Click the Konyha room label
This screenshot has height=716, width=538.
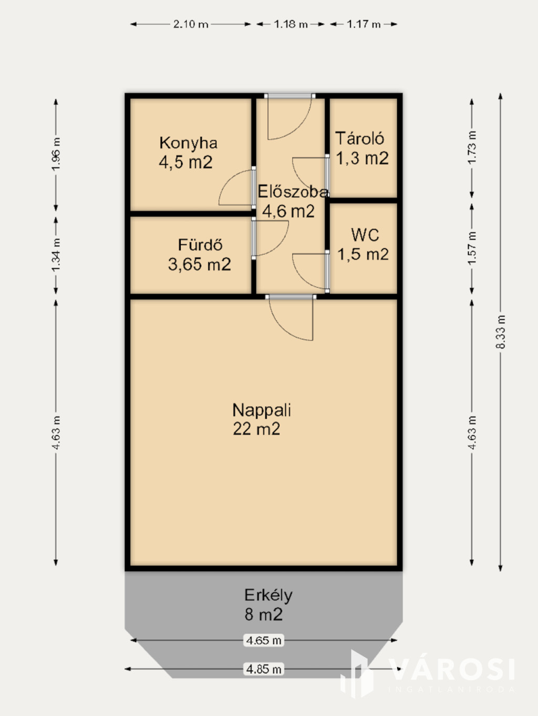tap(188, 143)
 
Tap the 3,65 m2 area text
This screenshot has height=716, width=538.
tap(199, 264)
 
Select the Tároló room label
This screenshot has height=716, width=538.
tap(359, 138)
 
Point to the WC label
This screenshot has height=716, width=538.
tap(365, 235)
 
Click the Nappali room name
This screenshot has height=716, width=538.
tap(262, 410)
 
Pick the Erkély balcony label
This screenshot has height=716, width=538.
tap(268, 596)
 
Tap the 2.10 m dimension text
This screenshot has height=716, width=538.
tap(191, 24)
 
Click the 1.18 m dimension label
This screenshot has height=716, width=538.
tap(291, 24)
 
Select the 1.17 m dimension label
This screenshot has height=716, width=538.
tap(364, 24)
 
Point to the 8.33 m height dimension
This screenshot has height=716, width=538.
tap(501, 332)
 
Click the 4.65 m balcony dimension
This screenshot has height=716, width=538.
tap(263, 640)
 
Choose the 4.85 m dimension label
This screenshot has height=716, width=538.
tap(263, 669)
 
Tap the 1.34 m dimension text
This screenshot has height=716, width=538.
tap(56, 255)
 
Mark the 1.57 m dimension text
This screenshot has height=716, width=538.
tap(472, 248)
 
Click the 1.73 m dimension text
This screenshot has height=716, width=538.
tap(472, 147)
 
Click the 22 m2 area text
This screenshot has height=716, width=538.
tap(256, 429)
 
